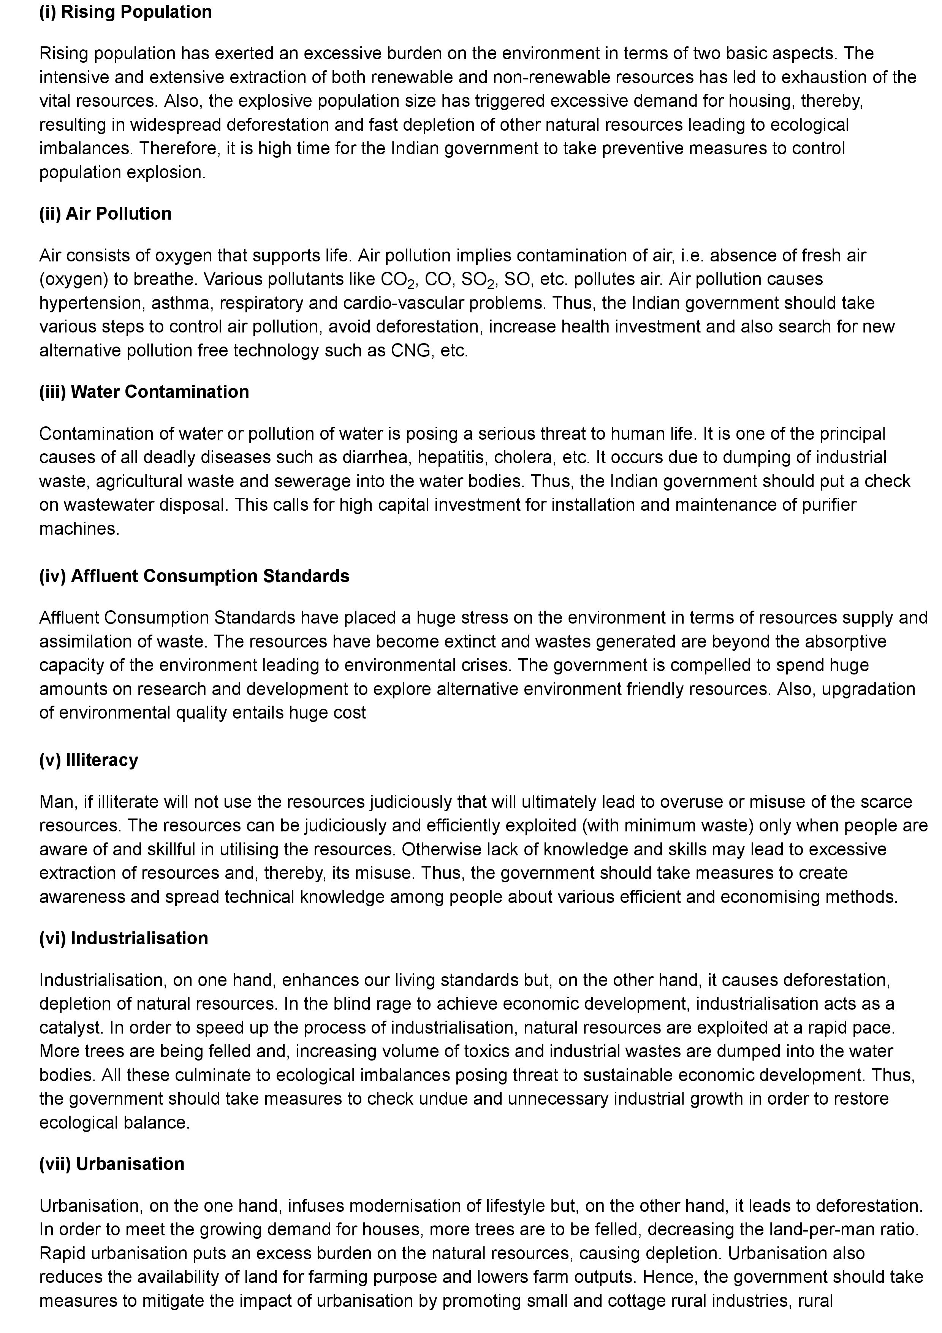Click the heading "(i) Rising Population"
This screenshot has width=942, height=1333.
click(x=125, y=12)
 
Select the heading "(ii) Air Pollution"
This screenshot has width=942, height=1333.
click(x=105, y=214)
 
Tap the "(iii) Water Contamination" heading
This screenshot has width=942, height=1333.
click(x=144, y=392)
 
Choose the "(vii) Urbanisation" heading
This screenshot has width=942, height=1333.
click(x=111, y=1164)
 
